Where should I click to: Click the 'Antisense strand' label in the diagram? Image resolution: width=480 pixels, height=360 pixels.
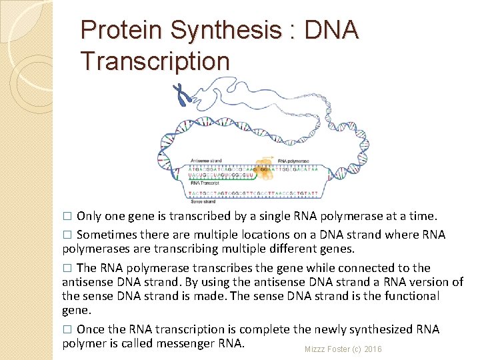click(205, 160)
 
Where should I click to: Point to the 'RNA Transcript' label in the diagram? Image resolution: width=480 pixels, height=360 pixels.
click(204, 181)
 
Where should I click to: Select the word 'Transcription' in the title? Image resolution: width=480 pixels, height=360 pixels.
click(155, 61)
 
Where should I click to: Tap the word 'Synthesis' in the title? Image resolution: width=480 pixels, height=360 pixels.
click(225, 30)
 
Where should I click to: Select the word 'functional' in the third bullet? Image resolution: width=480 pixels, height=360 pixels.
click(409, 295)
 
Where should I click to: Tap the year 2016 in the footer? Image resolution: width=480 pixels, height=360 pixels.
click(373, 349)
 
